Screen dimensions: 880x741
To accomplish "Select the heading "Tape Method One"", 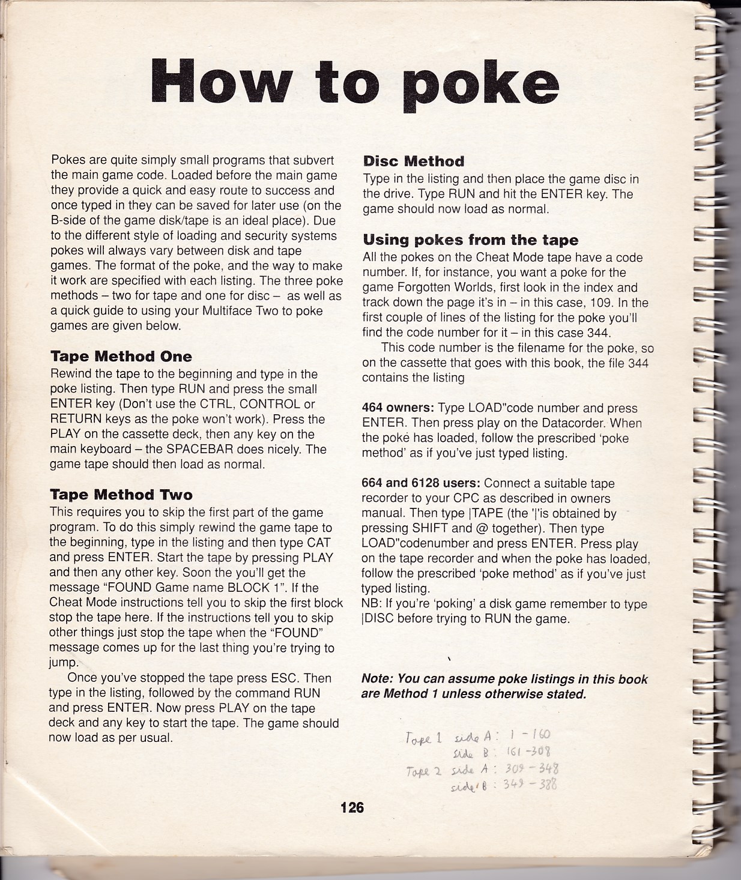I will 121,357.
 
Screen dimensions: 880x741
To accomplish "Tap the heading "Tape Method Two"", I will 121,495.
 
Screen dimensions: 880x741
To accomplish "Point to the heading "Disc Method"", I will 414,161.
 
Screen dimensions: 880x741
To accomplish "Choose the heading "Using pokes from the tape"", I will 471,240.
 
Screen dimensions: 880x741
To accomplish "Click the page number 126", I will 352,807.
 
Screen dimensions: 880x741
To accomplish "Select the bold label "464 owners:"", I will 398,408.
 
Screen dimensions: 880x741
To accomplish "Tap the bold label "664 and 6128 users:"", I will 420,483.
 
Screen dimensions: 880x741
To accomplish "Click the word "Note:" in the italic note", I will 377,679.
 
